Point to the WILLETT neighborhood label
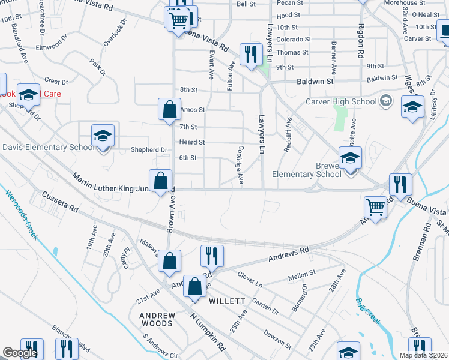227,301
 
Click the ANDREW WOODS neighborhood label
157,319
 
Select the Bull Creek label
368,311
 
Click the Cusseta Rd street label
60,203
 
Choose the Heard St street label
192,142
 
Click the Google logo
20,353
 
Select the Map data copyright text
424,355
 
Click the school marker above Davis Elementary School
103,135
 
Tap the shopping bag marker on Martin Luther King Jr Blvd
161,181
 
